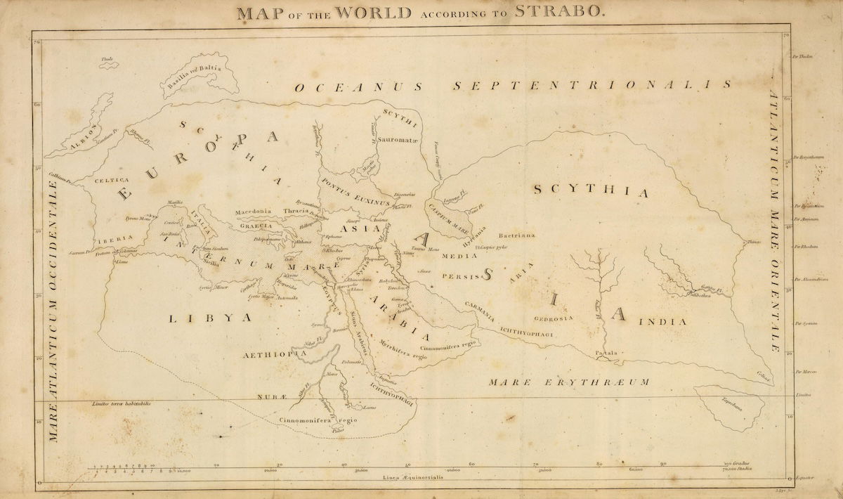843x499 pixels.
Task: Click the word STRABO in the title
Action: click(x=560, y=12)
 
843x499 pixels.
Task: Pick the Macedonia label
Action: click(x=253, y=211)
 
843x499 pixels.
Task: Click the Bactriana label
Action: click(x=516, y=236)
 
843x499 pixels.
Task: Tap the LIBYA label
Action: click(x=210, y=318)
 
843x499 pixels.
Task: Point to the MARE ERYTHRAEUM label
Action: click(x=569, y=382)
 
